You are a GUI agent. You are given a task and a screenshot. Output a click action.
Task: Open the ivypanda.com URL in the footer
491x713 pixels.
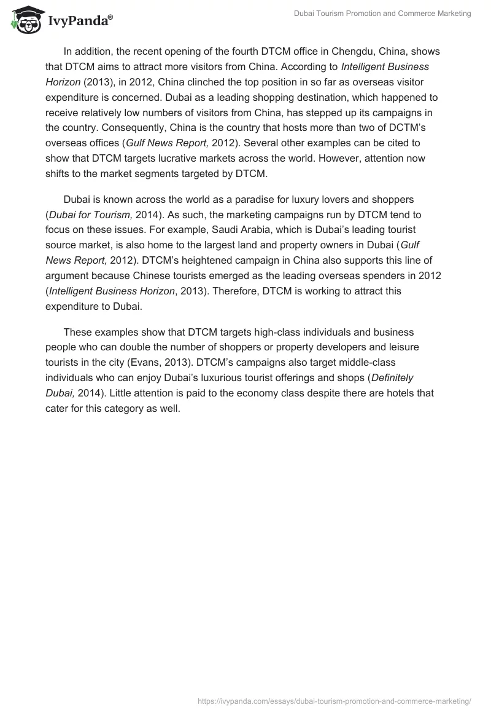(334, 700)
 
